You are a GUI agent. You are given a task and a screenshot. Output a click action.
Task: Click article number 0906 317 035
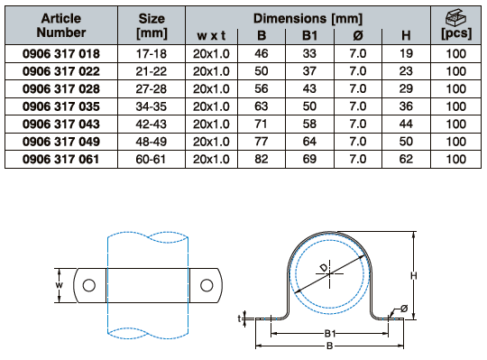pos(61,106)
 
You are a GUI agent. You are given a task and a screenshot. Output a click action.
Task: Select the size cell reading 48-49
pos(152,142)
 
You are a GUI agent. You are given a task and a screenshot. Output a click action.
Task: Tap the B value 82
pos(262,159)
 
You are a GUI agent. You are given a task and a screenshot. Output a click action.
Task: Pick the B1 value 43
pos(309,88)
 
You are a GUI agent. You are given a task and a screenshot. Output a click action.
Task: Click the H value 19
pos(406,54)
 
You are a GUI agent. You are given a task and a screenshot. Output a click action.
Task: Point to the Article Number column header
pos(61,25)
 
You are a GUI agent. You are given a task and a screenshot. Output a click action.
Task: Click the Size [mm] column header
pos(152,26)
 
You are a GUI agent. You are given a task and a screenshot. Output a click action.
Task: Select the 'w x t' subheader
pos(211,36)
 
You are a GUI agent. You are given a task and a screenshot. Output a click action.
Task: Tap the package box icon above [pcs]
pos(456,17)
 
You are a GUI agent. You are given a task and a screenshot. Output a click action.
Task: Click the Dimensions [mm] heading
pos(308,19)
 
